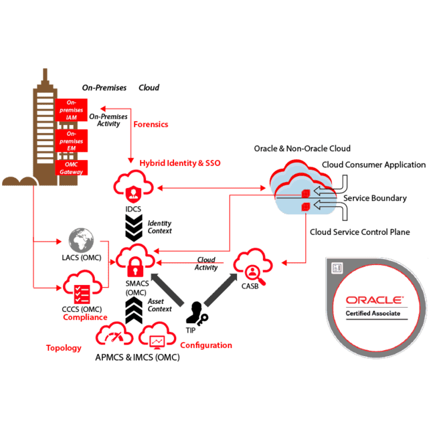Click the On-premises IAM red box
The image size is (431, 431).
[x=72, y=110]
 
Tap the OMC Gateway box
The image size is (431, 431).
[x=72, y=168]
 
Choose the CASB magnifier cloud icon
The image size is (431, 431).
[x=252, y=268]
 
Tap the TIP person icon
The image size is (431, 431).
[x=197, y=313]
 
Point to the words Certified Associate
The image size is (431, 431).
[x=373, y=314]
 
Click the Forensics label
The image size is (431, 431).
[x=151, y=124]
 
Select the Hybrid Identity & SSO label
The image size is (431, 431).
[x=179, y=163]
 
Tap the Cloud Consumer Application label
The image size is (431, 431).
[x=373, y=165]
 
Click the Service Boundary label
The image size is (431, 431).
[x=375, y=198]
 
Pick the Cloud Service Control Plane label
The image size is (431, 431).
[x=360, y=232]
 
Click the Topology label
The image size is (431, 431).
[x=64, y=348]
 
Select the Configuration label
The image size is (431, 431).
[x=206, y=345]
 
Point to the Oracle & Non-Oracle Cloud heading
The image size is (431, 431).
[x=302, y=148]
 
